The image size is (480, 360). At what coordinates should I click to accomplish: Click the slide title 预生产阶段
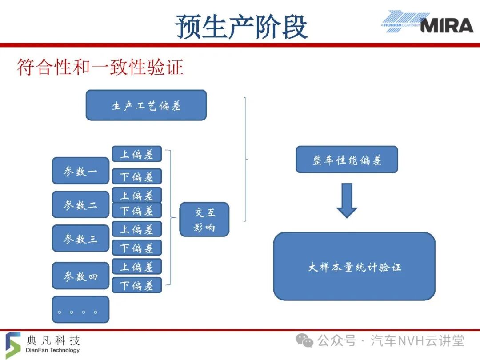(x=241, y=27)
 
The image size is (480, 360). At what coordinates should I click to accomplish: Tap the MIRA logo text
(x=447, y=25)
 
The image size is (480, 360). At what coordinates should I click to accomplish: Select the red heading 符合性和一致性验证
(x=100, y=67)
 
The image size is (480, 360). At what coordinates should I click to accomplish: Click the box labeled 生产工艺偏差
(x=146, y=105)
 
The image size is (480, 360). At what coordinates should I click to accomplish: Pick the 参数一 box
(x=80, y=171)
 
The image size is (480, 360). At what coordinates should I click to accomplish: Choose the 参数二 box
(x=80, y=204)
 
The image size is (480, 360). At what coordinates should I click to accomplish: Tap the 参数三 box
(x=80, y=238)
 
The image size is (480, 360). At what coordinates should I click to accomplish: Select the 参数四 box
(x=80, y=276)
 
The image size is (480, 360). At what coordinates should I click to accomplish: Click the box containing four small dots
(x=80, y=309)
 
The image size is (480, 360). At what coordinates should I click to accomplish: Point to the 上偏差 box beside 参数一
(x=137, y=154)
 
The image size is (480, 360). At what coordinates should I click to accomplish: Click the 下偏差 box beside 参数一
(x=137, y=176)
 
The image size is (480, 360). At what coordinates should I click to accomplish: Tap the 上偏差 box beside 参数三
(x=137, y=229)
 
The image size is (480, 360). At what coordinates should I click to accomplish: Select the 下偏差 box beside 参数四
(x=137, y=285)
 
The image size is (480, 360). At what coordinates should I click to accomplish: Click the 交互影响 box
(x=204, y=219)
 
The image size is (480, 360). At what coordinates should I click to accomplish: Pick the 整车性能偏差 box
(x=347, y=160)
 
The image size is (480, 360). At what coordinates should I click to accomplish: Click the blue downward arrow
(x=347, y=200)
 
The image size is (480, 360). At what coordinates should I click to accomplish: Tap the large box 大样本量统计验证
(x=354, y=266)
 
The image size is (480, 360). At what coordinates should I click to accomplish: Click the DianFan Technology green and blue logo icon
(x=13, y=345)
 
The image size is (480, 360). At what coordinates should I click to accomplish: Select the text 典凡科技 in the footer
(x=53, y=340)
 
